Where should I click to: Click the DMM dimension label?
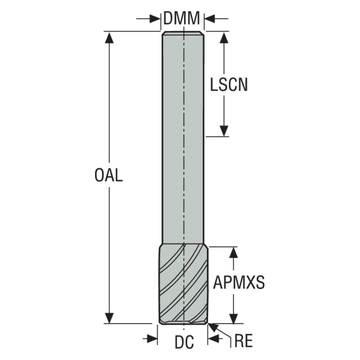(182, 18)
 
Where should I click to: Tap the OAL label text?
(109, 175)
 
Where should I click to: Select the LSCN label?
(229, 85)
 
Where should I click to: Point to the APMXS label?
(238, 282)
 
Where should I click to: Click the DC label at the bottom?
(184, 342)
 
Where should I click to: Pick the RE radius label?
(244, 341)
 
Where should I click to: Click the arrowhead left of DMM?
(155, 19)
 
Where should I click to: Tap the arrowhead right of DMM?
(210, 19)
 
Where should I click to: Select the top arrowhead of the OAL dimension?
(109, 38)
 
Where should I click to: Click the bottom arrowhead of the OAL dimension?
(109, 318)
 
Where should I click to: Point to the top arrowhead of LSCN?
(224, 38)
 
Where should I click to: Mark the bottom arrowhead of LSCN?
(224, 131)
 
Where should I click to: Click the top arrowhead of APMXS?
(234, 253)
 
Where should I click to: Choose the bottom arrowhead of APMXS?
(234, 318)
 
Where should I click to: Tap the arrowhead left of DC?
(152, 339)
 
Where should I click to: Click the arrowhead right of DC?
(213, 339)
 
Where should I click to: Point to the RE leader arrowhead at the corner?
(213, 327)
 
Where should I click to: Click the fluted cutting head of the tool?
(184, 284)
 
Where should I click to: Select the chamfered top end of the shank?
(183, 33)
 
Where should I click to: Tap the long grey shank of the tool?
(183, 138)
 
